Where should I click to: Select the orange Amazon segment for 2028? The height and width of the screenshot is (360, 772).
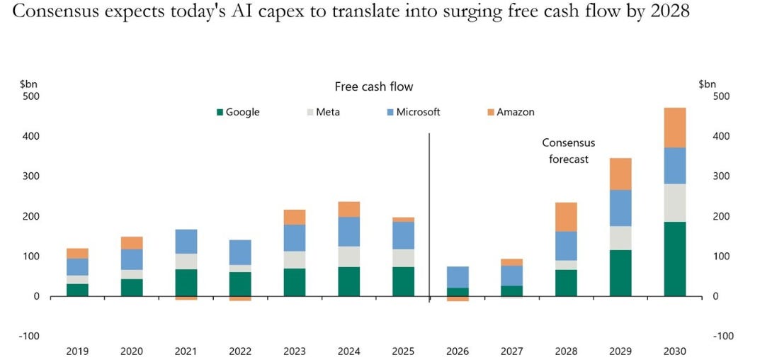pos(566,217)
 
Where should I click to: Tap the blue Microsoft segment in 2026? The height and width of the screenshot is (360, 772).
pos(458,277)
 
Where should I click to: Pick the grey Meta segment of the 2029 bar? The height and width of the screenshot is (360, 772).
pos(620,238)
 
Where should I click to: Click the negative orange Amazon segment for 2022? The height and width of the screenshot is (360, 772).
pos(241,298)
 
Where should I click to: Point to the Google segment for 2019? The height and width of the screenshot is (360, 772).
pos(78,290)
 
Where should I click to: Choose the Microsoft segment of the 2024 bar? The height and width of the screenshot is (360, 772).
pos(349,232)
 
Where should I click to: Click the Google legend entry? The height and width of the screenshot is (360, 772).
pos(238,112)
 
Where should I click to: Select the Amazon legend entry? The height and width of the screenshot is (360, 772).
pos(511,112)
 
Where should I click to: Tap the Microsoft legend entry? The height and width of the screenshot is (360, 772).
pos(414,112)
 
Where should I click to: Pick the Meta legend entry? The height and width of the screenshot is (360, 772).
pos(323,112)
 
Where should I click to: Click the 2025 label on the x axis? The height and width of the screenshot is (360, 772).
pos(403,351)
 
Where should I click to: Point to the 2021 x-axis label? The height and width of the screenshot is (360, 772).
pos(186,351)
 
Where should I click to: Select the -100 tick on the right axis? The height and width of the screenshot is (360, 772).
pos(710,337)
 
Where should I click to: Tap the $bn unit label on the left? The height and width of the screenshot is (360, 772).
pos(28,84)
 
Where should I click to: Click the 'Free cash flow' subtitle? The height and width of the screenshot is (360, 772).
pos(374,86)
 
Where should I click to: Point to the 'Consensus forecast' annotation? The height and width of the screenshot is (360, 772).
pos(569,151)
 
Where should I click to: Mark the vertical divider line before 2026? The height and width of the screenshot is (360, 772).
pos(429,217)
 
